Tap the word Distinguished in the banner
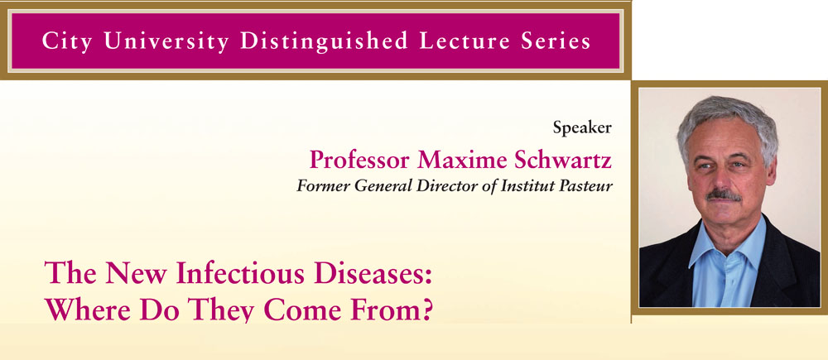tap(325, 41)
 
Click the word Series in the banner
tap(551, 41)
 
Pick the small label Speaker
tap(582, 127)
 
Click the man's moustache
tap(724, 194)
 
